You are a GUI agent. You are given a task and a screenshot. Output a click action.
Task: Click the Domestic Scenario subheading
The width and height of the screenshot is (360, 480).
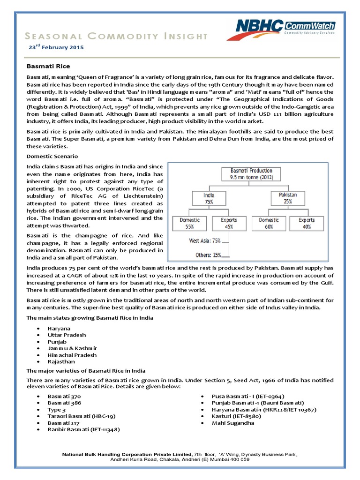52,156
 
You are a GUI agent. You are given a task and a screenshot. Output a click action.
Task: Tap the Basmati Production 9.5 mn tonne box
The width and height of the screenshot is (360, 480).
251,174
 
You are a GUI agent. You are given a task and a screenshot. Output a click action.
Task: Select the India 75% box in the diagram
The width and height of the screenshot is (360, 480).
209,198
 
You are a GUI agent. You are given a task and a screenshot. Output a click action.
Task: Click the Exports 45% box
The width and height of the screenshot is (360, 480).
229,222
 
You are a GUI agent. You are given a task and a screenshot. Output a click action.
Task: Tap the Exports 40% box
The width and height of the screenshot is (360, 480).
307,222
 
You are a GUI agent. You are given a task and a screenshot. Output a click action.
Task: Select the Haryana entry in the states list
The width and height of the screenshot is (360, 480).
58,329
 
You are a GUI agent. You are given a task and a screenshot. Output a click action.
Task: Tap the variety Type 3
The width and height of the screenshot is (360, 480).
57,409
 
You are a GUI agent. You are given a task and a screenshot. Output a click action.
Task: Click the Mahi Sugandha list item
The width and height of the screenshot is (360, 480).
233,422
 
